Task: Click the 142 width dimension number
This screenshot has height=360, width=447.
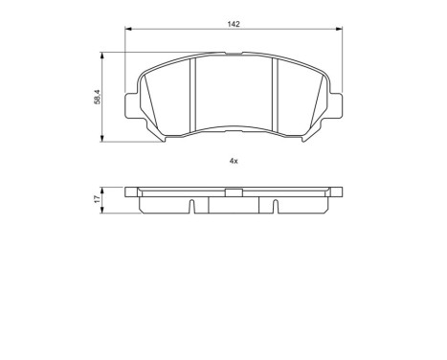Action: [234, 24]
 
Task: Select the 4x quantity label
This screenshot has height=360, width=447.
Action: [234, 160]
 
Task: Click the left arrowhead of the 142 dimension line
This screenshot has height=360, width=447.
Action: [128, 32]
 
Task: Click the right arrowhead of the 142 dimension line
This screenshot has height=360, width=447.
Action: [338, 32]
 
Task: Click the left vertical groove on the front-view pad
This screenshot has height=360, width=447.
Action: [193, 95]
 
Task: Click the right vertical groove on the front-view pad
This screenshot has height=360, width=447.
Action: [274, 95]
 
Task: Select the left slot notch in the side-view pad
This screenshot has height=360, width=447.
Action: [192, 206]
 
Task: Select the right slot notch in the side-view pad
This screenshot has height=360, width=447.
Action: [274, 206]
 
